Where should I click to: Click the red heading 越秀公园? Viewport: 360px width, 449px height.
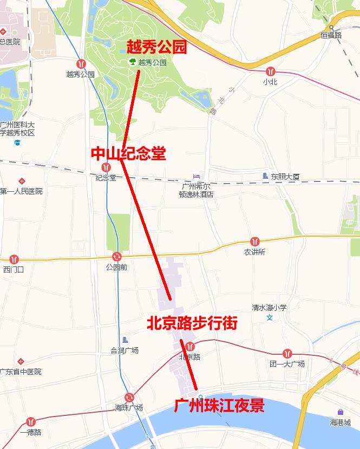156,47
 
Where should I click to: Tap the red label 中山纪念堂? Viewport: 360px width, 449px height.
128,154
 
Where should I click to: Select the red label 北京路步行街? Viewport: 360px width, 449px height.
192,324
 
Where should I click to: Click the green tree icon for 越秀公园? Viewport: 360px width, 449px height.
132,62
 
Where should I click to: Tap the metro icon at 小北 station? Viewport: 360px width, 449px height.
270,71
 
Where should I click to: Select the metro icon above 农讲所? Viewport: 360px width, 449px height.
254,241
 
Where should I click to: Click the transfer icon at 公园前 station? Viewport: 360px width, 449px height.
116,256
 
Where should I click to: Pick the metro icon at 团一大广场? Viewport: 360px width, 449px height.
287,353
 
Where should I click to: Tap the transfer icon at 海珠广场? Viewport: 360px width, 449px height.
129,398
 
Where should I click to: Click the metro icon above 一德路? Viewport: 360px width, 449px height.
30,421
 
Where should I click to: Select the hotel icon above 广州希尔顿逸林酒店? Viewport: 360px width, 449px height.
197,177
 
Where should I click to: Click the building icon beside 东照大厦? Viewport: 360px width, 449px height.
265,176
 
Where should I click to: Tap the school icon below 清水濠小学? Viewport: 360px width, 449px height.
270,317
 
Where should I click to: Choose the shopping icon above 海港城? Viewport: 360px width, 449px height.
340,412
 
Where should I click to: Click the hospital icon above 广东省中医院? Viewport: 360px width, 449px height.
21,361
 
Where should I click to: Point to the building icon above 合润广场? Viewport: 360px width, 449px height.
125,340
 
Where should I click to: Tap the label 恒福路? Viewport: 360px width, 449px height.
331,35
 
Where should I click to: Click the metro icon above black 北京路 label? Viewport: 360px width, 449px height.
189,347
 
